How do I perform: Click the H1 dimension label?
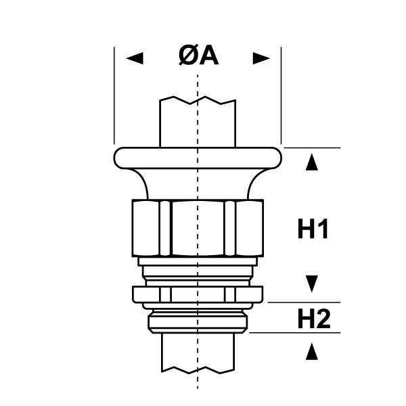[313, 231]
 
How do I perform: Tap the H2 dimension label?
[313, 318]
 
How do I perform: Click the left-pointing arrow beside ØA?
[135, 58]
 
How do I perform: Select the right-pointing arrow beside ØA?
[261, 58]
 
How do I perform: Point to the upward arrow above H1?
[311, 163]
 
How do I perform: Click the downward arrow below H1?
[311, 281]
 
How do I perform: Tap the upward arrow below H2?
[311, 351]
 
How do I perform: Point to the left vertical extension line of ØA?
[114, 95]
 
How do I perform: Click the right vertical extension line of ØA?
[281, 95]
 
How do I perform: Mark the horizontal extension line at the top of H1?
[311, 147]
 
